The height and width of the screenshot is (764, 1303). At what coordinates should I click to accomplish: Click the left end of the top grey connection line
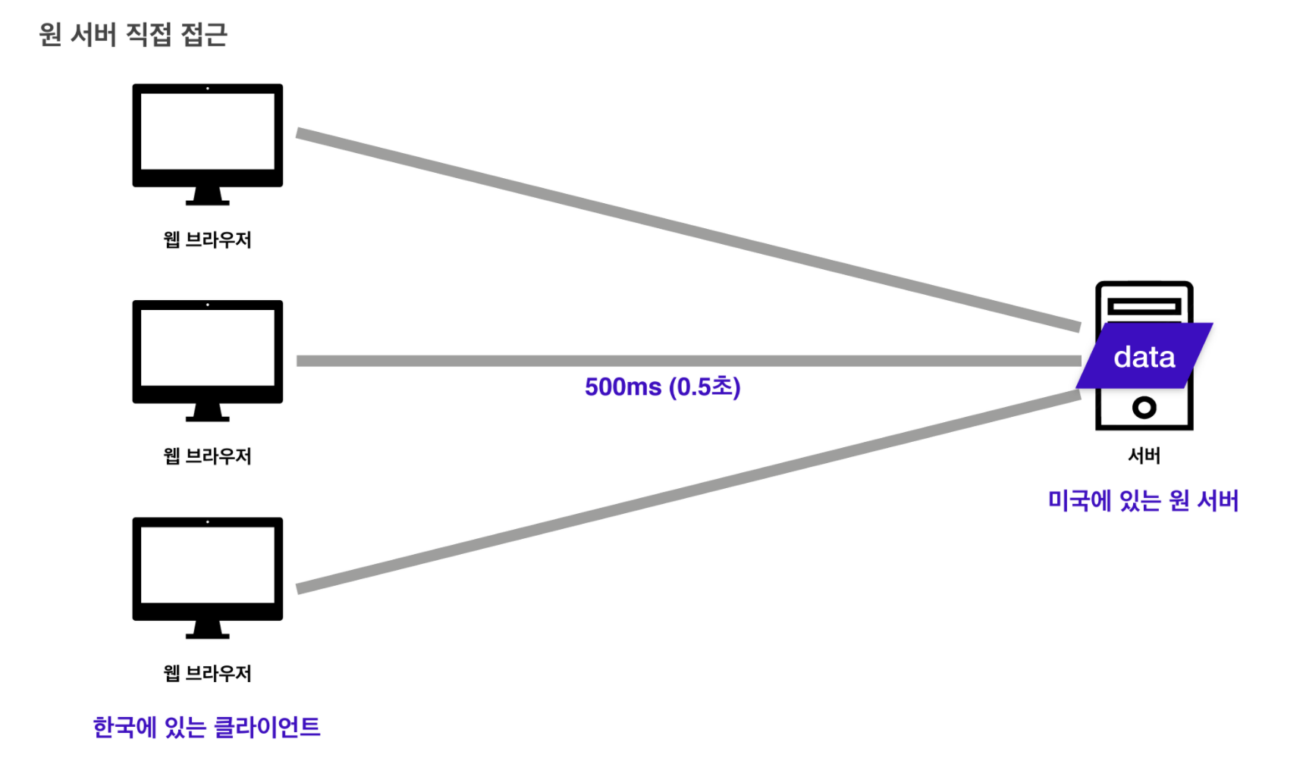pos(297,133)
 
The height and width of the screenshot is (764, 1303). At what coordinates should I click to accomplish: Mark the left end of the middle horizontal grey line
pos(297,361)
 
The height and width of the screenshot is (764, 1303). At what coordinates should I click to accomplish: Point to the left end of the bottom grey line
pos(297,588)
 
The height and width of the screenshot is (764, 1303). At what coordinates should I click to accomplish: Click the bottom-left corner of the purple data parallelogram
pos(1077,387)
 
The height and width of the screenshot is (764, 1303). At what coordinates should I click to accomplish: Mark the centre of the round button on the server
pos(1144,408)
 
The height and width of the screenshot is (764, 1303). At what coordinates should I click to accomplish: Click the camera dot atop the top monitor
pos(207,89)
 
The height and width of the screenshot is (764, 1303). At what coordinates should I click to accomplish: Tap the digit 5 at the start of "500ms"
pos(592,387)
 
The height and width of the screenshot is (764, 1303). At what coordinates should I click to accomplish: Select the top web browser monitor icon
pos(207,144)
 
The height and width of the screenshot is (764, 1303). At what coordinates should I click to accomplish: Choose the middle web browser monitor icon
pos(207,361)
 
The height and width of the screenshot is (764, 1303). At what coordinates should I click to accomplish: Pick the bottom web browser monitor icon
pos(207,578)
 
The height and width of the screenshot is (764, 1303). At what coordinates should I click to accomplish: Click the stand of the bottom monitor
pos(207,630)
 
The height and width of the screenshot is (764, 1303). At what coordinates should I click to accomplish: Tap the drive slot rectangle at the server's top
pos(1144,306)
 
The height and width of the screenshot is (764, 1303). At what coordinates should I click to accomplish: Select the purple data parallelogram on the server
pos(1144,356)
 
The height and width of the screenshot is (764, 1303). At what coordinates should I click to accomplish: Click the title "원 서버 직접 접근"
pos(133,35)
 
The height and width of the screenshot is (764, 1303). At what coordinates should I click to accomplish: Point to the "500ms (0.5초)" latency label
pos(662,387)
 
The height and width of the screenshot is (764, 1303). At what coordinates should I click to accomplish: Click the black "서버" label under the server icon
pos(1144,456)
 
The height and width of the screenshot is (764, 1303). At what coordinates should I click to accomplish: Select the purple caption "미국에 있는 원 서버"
pos(1143,501)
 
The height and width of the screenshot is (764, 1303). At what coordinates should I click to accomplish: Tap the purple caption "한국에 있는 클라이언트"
pos(206,728)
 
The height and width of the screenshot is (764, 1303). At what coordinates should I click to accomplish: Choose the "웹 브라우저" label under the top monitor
pos(207,240)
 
